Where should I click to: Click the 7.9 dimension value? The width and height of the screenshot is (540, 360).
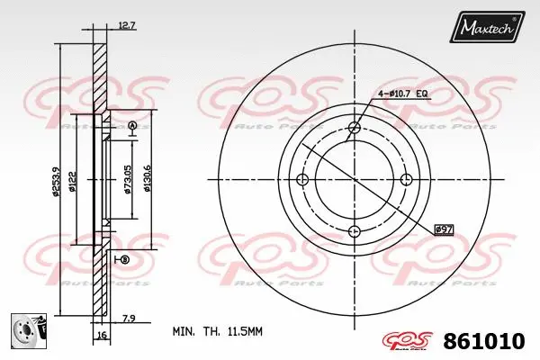pyautogui.click(x=128, y=317)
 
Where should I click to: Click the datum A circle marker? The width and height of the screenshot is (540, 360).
pyautogui.click(x=132, y=125)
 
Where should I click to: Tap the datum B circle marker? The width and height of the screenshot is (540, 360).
pyautogui.click(x=124, y=260)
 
